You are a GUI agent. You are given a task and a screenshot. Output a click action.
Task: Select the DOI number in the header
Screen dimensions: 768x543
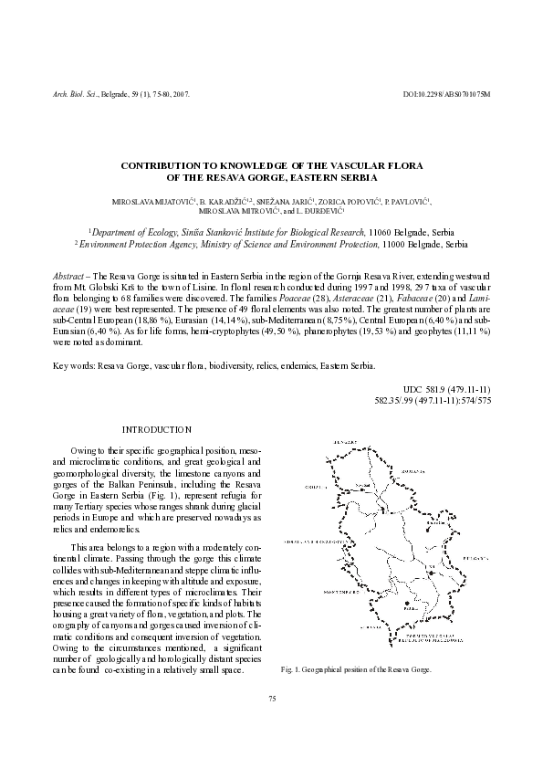coord(446,95)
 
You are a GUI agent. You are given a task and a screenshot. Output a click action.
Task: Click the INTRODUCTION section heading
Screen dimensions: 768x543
coord(157,429)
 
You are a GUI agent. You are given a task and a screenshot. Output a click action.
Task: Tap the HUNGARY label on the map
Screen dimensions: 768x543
coord(343,441)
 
